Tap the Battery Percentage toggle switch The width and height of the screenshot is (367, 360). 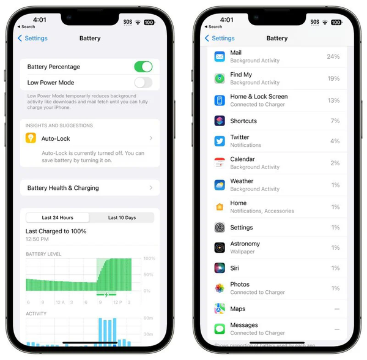pos(143,67)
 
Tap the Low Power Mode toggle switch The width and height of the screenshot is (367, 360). pos(143,83)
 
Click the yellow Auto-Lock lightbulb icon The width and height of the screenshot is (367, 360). pos(31,138)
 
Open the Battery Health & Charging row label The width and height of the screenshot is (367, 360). pos(63,188)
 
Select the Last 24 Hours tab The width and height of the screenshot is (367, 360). pos(57,217)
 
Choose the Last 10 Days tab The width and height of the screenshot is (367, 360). pos(122,217)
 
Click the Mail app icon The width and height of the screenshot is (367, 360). pos(220,56)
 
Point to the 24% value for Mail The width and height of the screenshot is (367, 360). pos(333,56)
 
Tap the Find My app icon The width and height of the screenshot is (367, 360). pos(220,78)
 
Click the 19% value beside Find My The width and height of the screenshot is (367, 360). pos(333,78)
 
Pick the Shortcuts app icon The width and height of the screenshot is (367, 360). pos(220,121)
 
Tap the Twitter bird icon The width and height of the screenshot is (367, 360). pos(220,141)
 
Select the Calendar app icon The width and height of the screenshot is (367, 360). pos(220,163)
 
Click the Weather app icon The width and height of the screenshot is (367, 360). pos(220,185)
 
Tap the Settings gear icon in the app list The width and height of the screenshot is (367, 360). pos(220,228)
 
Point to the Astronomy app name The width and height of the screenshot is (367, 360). pos(245,244)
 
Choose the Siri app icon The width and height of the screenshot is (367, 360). pos(220,268)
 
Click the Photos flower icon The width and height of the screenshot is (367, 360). pos(220,288)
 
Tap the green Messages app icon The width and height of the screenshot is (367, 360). pos(220,329)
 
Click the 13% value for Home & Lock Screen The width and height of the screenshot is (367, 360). pos(333,100)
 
